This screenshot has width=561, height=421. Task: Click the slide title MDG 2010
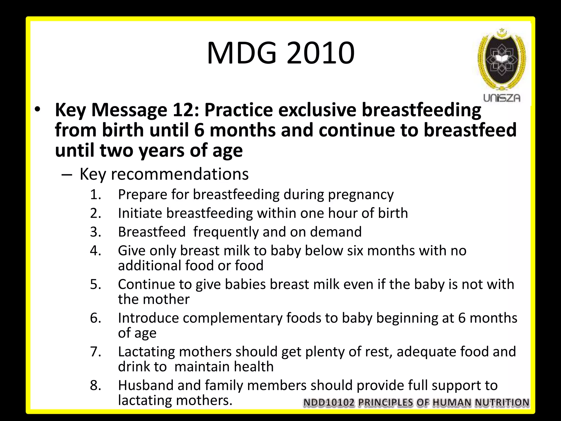tap(280, 53)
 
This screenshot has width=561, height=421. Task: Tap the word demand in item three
tap(336, 232)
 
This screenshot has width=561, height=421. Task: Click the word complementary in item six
tap(233, 318)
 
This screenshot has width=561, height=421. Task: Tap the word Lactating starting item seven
tap(147, 352)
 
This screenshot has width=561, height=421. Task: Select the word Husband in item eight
tap(146, 385)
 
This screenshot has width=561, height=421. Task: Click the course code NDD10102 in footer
tap(329, 403)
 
